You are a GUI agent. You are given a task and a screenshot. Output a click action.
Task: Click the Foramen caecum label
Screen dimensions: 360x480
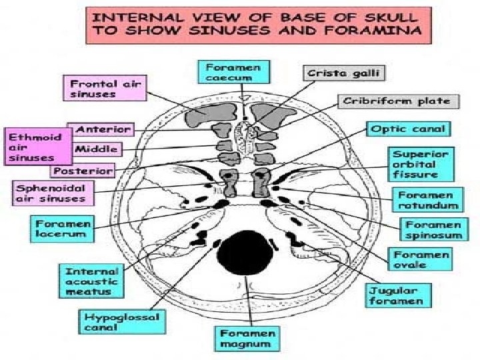coord(229,71)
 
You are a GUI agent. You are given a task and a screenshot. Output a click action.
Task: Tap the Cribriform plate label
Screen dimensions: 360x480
coord(397,102)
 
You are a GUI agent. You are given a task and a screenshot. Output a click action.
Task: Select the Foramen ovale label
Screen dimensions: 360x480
coord(421,260)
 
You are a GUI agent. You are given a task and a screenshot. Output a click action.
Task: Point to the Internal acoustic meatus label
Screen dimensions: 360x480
coord(91,281)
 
